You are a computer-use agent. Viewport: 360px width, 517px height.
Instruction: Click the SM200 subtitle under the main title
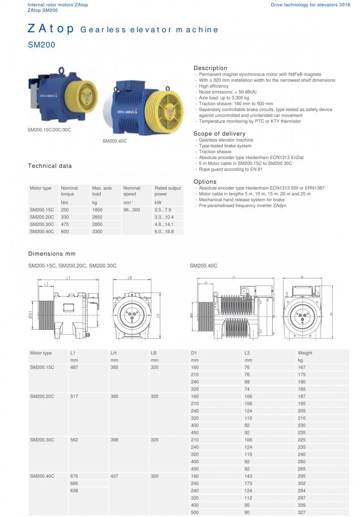click(x=42, y=45)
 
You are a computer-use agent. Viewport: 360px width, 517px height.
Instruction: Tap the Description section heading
click(x=210, y=68)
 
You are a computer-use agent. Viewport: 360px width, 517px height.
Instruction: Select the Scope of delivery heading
click(x=219, y=134)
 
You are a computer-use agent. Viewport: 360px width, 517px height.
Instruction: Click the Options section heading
click(x=205, y=181)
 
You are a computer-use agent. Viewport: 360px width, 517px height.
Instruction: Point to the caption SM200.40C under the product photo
click(x=115, y=141)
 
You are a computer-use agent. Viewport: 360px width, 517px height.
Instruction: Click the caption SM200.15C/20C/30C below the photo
click(x=49, y=130)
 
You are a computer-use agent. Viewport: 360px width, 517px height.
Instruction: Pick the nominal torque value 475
click(x=65, y=224)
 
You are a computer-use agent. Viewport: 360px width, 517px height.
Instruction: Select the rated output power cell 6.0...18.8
click(x=164, y=232)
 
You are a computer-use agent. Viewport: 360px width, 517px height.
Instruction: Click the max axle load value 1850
click(x=97, y=210)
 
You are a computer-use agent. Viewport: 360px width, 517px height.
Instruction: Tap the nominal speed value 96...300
click(x=132, y=210)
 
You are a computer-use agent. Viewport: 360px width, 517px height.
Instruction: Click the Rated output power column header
click(x=167, y=191)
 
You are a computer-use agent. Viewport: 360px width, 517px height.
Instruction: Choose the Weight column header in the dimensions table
click(x=305, y=353)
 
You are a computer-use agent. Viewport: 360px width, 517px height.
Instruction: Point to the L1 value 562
click(x=74, y=440)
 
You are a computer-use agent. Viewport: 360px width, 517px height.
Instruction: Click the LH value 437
click(x=115, y=476)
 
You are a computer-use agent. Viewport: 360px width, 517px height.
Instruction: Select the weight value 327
click(x=302, y=513)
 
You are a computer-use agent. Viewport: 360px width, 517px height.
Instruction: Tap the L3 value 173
click(x=249, y=483)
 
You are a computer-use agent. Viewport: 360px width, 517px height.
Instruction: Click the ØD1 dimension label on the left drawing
click(x=30, y=315)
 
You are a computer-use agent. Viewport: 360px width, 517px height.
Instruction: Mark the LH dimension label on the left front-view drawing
click(x=159, y=316)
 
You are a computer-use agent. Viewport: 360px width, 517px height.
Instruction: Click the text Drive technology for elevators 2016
click(x=310, y=4)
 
